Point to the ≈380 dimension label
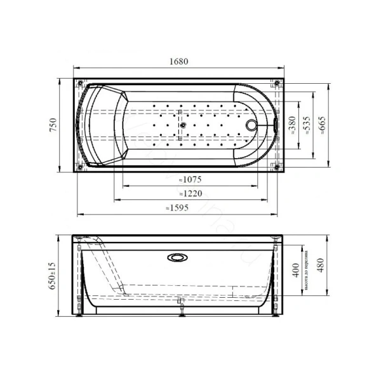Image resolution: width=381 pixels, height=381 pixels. pos(293,126)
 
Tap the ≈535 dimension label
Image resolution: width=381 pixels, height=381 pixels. pos(308,126)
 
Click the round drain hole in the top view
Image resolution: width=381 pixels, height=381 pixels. pos(253,125)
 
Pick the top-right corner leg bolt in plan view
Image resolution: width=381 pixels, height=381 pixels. pos(279,83)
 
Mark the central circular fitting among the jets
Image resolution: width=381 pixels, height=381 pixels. pos(182,125)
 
